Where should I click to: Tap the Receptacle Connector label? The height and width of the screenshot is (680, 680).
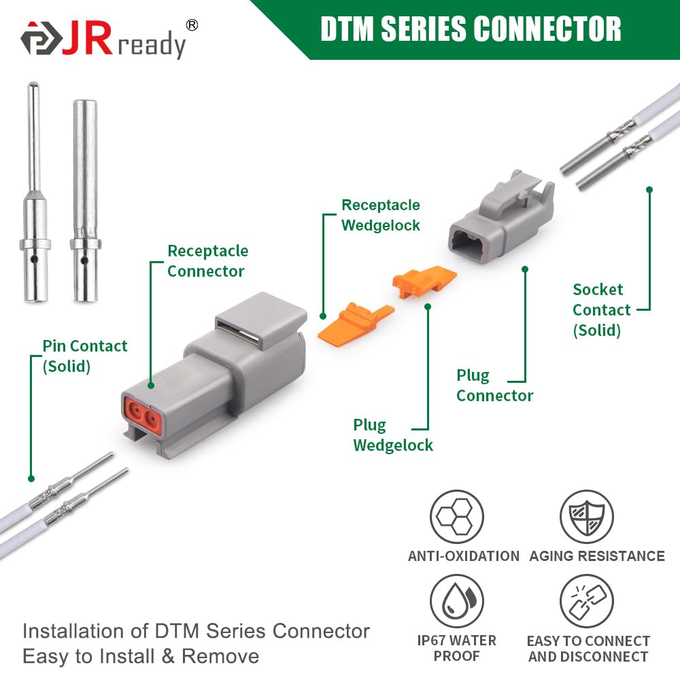click(207, 261)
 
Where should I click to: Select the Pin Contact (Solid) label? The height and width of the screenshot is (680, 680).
click(84, 356)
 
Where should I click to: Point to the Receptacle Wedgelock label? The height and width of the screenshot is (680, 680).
click(380, 215)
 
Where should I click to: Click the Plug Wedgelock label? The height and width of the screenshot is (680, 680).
click(392, 435)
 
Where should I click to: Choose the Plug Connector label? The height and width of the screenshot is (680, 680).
click(494, 386)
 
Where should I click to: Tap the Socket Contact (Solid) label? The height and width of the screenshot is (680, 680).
click(601, 310)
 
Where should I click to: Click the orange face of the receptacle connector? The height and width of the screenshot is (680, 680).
click(142, 413)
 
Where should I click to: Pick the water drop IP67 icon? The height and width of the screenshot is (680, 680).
click(456, 601)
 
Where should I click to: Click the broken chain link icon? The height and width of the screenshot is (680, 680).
click(586, 601)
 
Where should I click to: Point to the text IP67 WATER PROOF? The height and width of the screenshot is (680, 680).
click(456, 648)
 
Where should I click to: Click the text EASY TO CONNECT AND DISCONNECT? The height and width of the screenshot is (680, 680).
click(588, 649)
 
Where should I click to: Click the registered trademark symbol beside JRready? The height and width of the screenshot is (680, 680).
click(192, 25)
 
